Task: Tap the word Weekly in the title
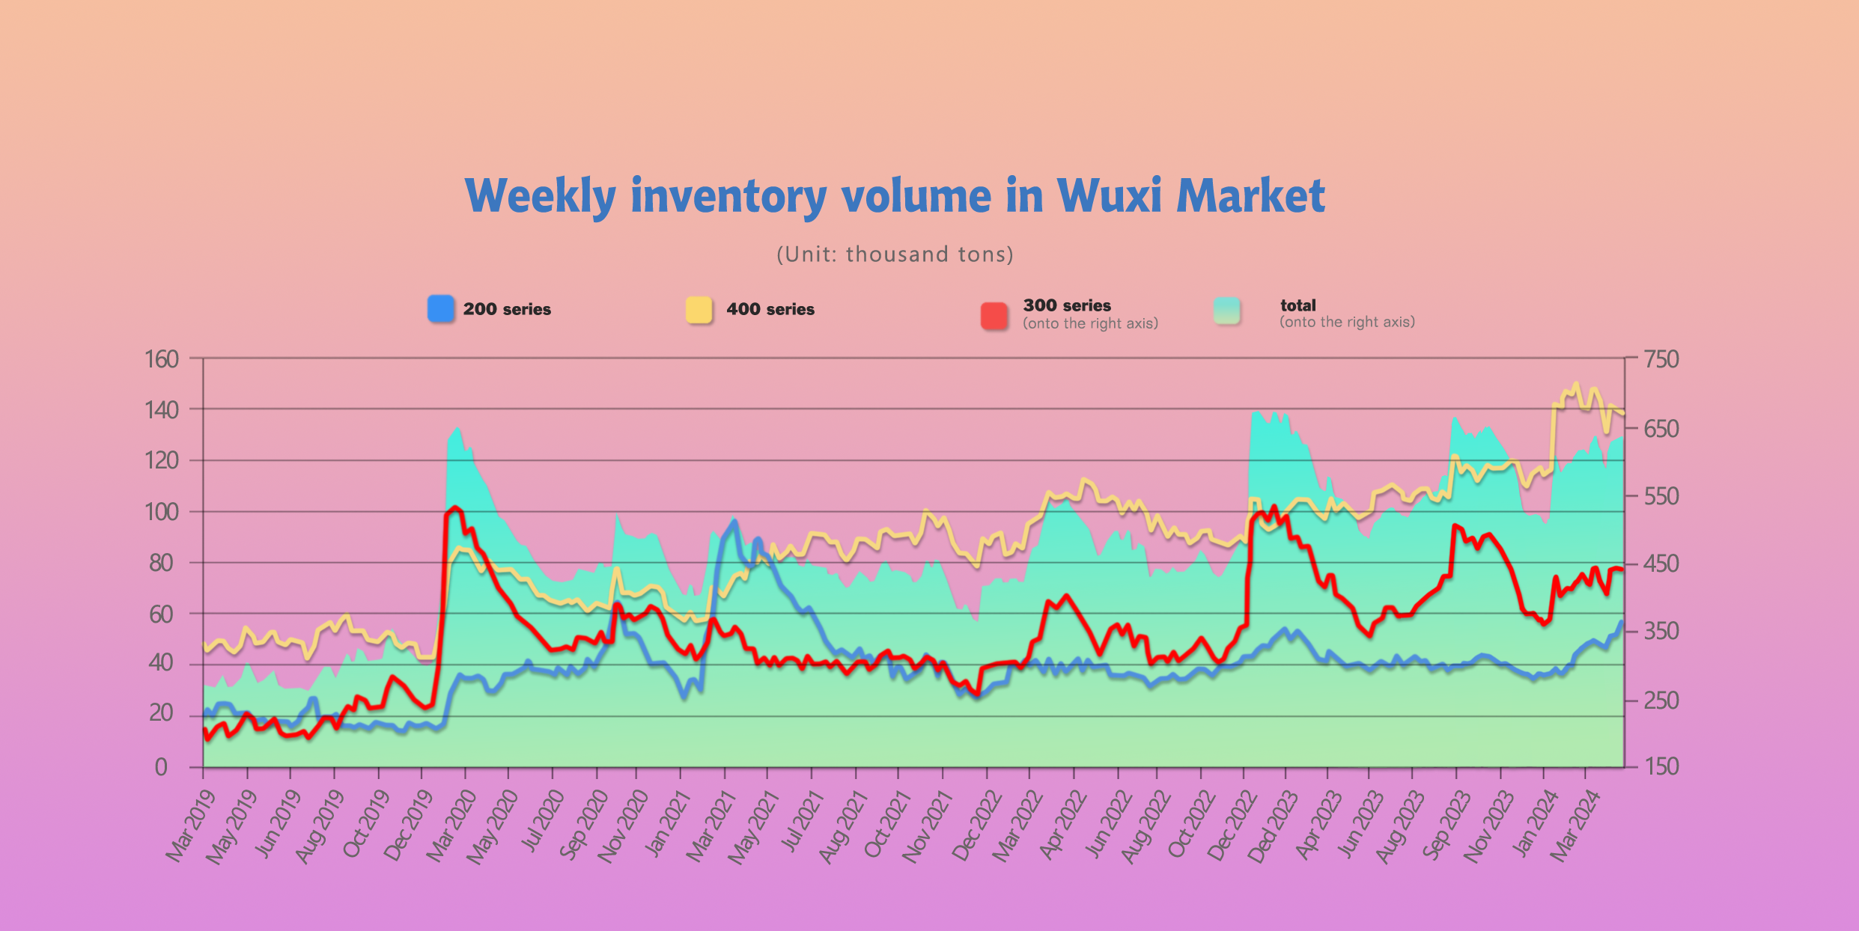click(540, 196)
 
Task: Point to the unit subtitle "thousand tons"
click(929, 254)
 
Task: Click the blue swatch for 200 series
click(441, 309)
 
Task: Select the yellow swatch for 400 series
click(699, 309)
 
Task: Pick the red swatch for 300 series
click(994, 315)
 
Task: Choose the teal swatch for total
click(1227, 311)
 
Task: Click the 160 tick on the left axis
click(162, 359)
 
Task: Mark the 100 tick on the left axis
click(162, 512)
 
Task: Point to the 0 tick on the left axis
click(161, 767)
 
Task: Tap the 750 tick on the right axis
click(1661, 359)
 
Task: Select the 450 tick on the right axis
click(1661, 564)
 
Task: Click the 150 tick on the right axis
click(1661, 766)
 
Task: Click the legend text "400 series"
click(770, 309)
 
